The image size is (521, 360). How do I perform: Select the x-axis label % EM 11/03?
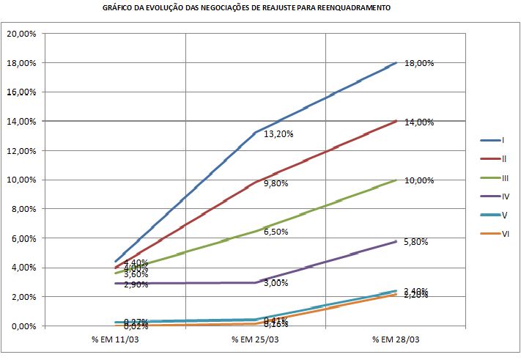[115, 340]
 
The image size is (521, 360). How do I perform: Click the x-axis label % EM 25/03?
[255, 340]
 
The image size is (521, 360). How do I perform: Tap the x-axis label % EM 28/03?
[396, 340]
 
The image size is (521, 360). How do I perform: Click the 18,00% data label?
[419, 64]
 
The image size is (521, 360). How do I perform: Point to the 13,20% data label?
[278, 134]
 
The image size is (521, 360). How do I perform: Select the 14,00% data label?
[419, 122]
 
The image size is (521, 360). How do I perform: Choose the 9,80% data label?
[276, 183]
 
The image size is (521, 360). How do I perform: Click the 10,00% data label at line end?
[419, 180]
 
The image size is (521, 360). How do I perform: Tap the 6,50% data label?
[276, 232]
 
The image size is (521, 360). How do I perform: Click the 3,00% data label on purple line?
[276, 283]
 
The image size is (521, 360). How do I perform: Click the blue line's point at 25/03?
[255, 133]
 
